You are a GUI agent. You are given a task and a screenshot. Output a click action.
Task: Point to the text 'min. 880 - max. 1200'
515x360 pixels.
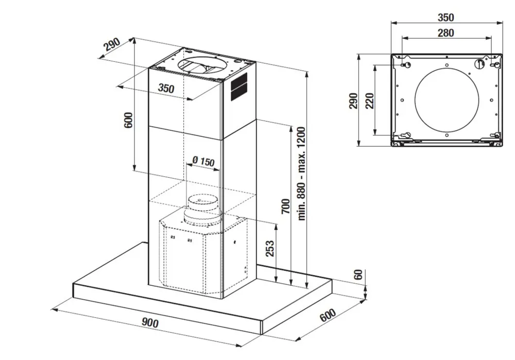(302, 174)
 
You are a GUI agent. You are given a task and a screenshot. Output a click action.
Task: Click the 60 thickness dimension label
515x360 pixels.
(359, 274)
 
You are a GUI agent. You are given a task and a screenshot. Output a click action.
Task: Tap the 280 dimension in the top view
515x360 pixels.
(445, 33)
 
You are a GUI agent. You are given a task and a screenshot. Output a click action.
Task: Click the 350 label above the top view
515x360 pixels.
(445, 17)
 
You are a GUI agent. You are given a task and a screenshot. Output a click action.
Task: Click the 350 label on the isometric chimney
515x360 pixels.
(166, 88)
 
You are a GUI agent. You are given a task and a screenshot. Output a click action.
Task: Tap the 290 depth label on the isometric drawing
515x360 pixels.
(111, 45)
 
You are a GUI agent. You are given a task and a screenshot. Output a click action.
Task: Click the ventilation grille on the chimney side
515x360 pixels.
(238, 87)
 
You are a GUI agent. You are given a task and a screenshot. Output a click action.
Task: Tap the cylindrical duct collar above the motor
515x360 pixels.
(202, 209)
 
